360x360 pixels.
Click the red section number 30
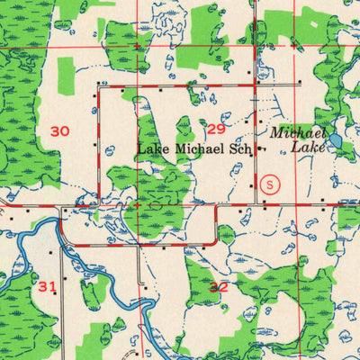coord(59,131)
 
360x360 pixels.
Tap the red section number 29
coord(215,129)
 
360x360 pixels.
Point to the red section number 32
coord(218,287)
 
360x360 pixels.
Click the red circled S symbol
coord(274,183)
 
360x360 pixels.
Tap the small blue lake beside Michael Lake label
coord(335,141)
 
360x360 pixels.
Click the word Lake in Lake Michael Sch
coord(151,148)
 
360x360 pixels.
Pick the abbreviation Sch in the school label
coord(243,148)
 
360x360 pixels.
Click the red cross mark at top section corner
coord(136,46)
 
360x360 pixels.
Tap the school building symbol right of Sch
coord(260,148)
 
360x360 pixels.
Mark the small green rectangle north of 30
coord(65,71)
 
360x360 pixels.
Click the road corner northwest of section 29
coord(98,87)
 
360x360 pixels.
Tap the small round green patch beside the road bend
coord(226,235)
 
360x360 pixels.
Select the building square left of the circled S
coord(252,185)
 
